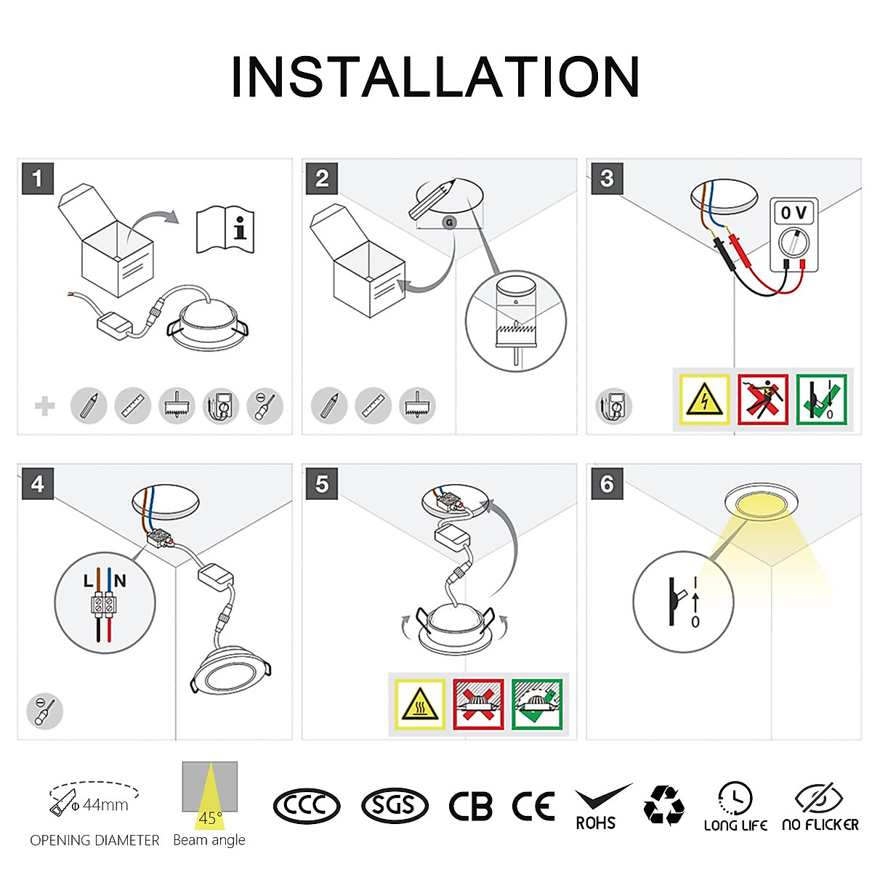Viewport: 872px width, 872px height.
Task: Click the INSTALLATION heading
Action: click(435, 77)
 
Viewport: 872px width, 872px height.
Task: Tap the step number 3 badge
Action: click(607, 178)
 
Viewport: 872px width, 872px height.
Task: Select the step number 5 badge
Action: click(323, 484)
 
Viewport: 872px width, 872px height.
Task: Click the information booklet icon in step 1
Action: click(226, 230)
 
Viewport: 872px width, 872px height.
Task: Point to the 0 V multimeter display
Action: click(794, 213)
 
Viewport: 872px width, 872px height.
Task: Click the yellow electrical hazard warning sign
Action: click(703, 399)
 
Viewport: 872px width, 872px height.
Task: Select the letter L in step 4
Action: click(89, 581)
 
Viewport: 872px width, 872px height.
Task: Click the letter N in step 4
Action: click(120, 581)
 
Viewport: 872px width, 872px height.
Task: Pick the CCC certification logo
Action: click(307, 806)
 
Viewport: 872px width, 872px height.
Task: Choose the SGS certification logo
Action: click(395, 806)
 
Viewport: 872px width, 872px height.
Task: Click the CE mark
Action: click(533, 806)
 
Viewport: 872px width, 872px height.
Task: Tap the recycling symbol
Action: click(663, 805)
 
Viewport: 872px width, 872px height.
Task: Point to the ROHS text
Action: click(595, 823)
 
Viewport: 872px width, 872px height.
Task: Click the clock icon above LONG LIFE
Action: click(735, 798)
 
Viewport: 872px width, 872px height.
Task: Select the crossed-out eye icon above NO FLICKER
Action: click(819, 798)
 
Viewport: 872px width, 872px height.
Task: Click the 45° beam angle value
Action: click(209, 818)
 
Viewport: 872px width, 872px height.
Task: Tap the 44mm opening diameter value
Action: click(105, 804)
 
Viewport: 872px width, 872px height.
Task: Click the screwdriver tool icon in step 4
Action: click(44, 711)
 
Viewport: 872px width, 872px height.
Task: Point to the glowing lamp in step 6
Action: click(761, 504)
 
